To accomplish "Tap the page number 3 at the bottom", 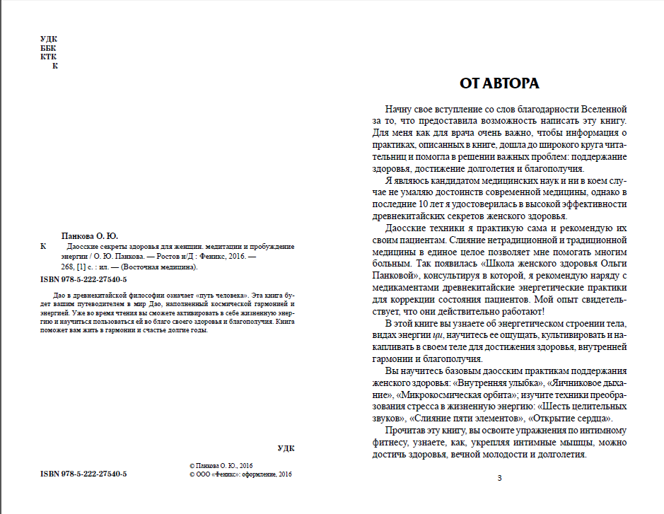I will (x=499, y=479).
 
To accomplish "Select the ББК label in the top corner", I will (x=49, y=48).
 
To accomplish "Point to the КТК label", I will (x=49, y=57).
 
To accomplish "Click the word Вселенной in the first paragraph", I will (x=603, y=110).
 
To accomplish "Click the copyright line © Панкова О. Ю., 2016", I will (x=221, y=467).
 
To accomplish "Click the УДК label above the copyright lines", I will (x=286, y=448).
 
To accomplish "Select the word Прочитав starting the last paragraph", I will (x=407, y=431).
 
